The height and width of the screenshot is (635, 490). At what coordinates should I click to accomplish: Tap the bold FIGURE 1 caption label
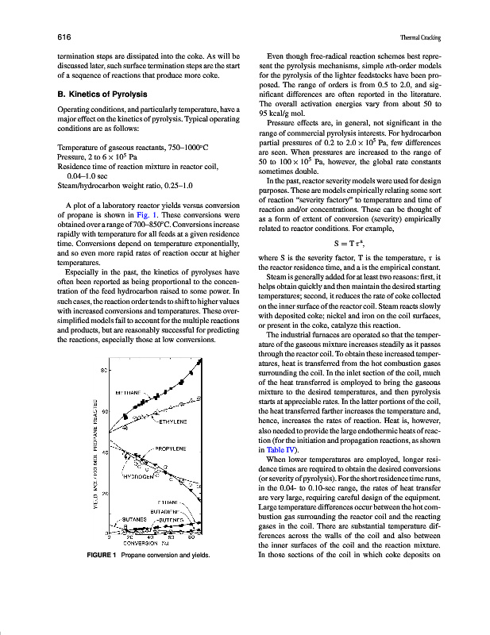point(101,577)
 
